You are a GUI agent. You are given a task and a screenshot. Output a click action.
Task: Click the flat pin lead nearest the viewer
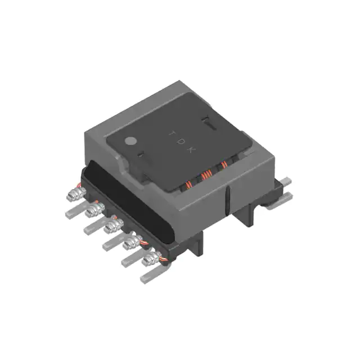click(147, 276)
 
